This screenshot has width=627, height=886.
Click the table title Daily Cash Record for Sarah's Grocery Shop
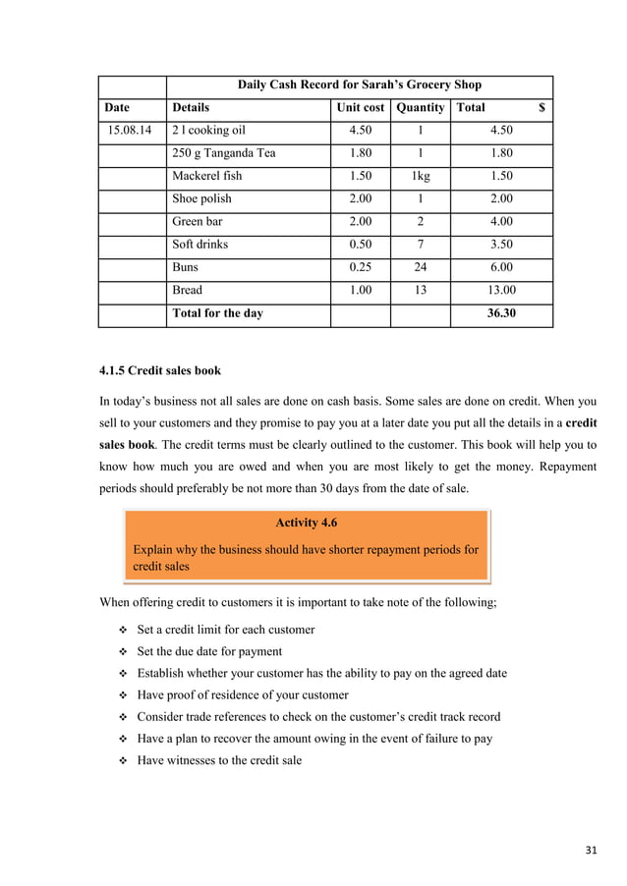(359, 84)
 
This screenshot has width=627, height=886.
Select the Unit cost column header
(360, 107)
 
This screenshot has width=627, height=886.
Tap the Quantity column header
(420, 107)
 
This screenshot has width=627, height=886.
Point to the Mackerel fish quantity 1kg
(420, 176)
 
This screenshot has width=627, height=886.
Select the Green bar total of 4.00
(500, 221)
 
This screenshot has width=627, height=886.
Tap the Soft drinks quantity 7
(420, 244)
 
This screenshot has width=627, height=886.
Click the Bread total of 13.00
(500, 290)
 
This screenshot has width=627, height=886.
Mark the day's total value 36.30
(500, 313)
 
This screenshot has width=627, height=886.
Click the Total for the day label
(217, 313)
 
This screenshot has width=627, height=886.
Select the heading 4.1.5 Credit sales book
(160, 371)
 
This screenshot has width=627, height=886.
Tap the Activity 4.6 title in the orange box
(306, 523)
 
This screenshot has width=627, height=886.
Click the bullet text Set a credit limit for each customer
(225, 630)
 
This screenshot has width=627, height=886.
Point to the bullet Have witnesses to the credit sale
(219, 760)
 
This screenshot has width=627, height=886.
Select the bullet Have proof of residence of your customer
(242, 695)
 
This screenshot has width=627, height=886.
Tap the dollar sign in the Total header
(541, 107)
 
